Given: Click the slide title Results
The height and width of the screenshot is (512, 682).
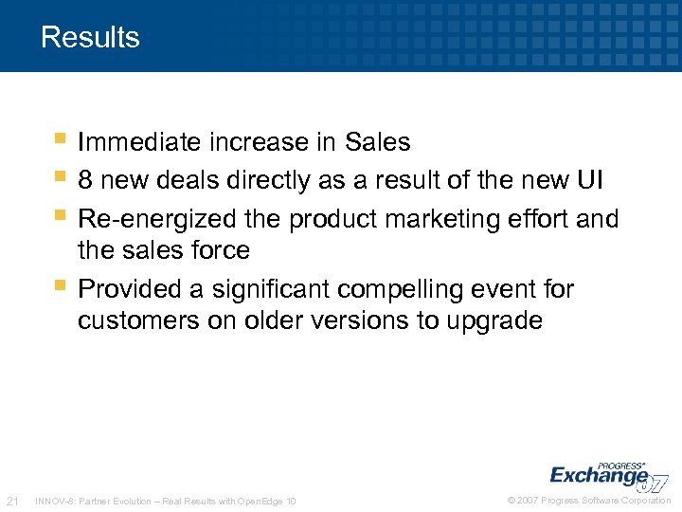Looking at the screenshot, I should [90, 38].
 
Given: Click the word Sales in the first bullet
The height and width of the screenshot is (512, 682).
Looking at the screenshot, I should [378, 142].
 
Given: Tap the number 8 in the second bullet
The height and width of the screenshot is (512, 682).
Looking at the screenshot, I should [85, 180].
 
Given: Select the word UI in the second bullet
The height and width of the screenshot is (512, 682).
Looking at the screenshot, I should [585, 180].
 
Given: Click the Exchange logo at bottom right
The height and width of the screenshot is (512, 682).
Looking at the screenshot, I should [606, 474].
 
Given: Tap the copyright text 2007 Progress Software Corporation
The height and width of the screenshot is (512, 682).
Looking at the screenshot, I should [589, 501].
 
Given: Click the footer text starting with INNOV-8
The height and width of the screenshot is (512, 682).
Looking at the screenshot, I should [164, 501].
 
